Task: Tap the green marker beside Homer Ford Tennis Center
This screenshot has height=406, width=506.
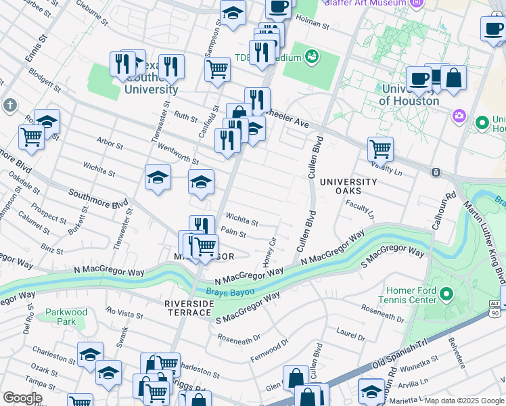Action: pyautogui.click(x=446, y=294)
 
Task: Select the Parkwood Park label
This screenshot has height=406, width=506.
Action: pyautogui.click(x=66, y=317)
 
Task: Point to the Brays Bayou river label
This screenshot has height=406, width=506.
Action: pyautogui.click(x=230, y=292)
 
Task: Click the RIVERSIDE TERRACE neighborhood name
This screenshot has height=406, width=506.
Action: pyautogui.click(x=189, y=309)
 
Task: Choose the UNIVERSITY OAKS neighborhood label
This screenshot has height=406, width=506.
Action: pyautogui.click(x=348, y=187)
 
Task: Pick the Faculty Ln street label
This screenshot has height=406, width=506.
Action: pyautogui.click(x=360, y=208)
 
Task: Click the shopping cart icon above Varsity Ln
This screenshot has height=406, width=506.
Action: pyautogui.click(x=381, y=148)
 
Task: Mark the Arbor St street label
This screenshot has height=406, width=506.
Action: pyautogui.click(x=110, y=145)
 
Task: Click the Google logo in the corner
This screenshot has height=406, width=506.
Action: pyautogui.click(x=22, y=398)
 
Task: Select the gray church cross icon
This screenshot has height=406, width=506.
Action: pyautogui.click(x=9, y=106)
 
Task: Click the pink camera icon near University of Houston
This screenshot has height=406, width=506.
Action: pyautogui.click(x=459, y=116)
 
